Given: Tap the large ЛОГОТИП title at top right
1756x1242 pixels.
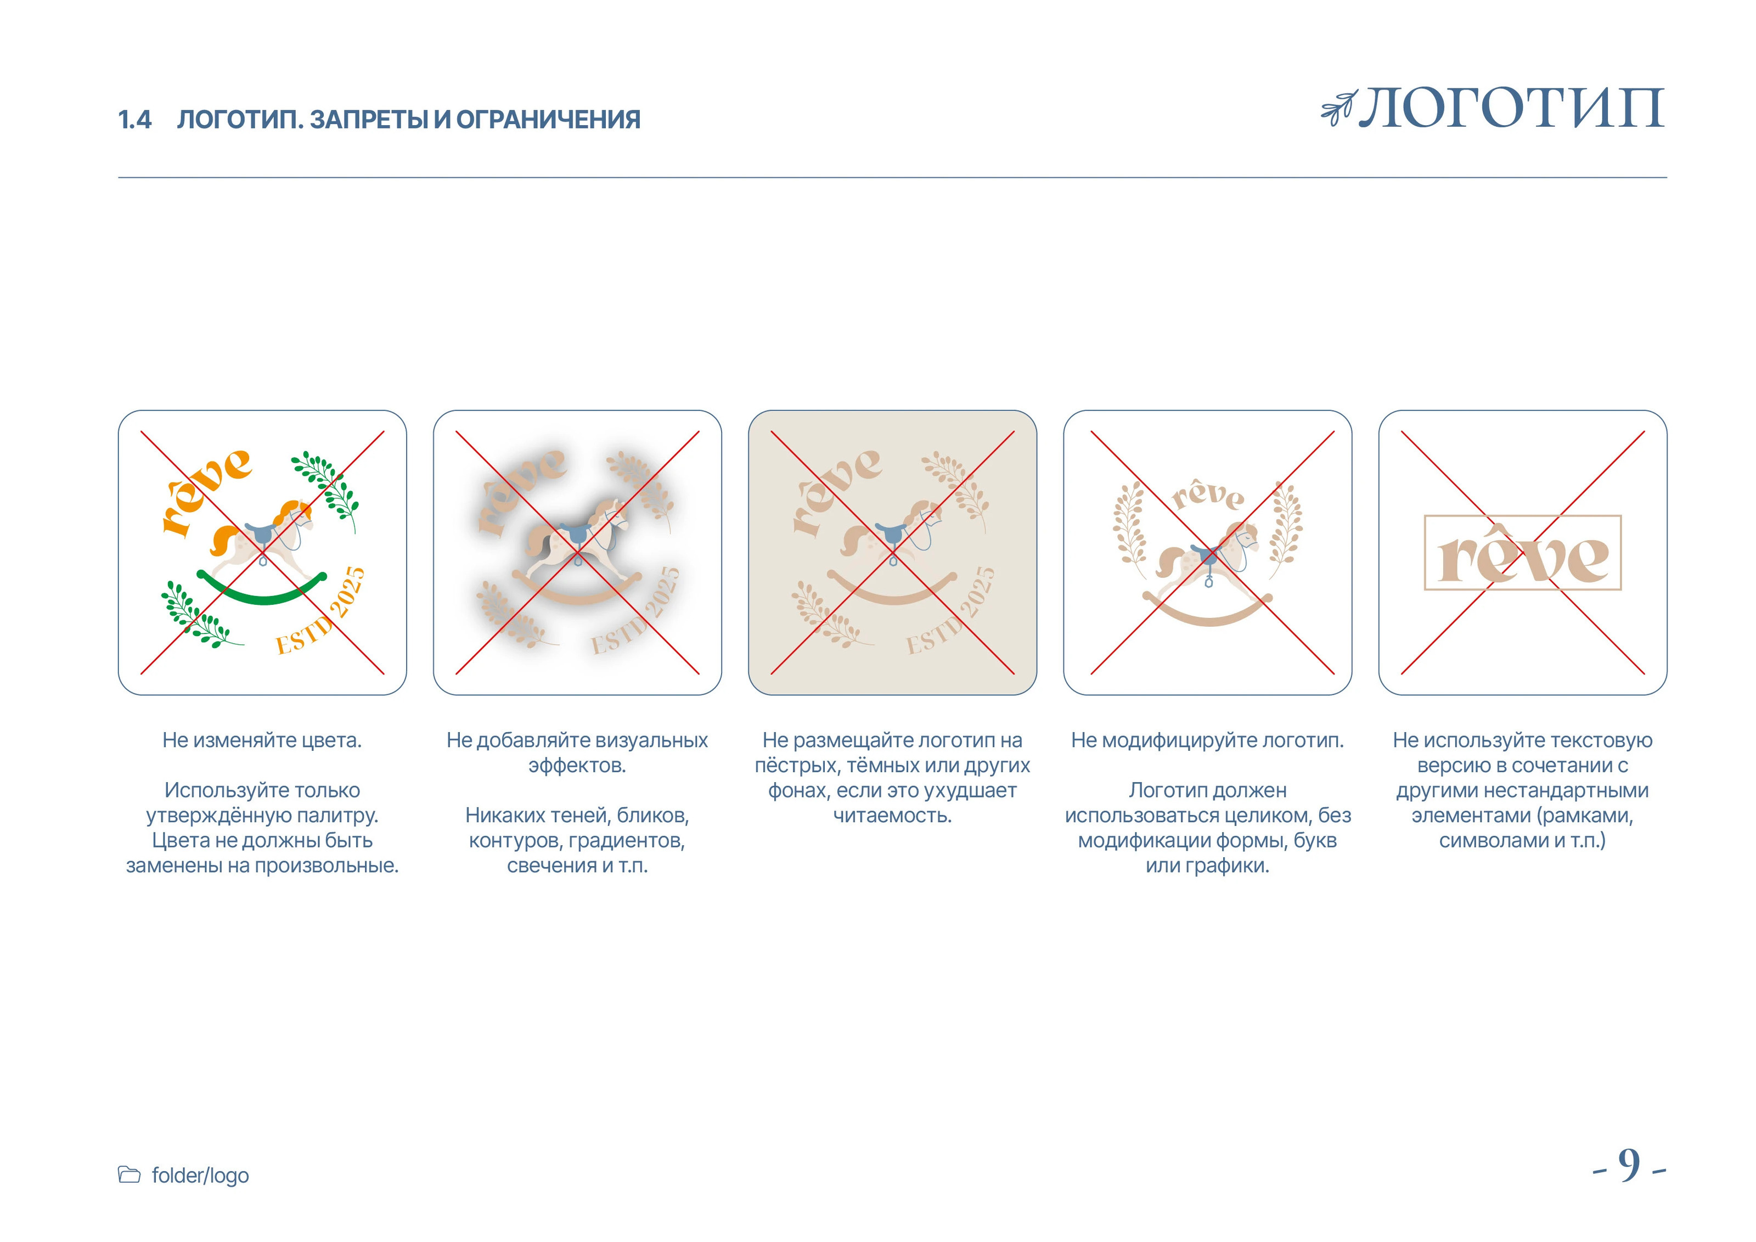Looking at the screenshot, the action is click(x=1511, y=109).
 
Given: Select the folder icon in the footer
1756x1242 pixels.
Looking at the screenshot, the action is click(x=130, y=1174).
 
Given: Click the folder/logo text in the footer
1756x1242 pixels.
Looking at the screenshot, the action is click(x=200, y=1176).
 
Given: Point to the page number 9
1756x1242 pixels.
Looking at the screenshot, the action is click(x=1629, y=1166).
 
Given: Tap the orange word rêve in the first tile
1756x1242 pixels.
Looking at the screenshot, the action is click(x=205, y=490).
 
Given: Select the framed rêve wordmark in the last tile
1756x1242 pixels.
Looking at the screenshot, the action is click(x=1522, y=553).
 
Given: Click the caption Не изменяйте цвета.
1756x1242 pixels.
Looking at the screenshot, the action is click(x=262, y=740).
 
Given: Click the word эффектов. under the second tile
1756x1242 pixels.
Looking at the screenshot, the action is click(x=577, y=766).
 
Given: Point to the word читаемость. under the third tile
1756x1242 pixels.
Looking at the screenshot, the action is click(x=892, y=815).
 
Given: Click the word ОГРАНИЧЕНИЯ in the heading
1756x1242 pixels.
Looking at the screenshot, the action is click(x=548, y=120).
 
